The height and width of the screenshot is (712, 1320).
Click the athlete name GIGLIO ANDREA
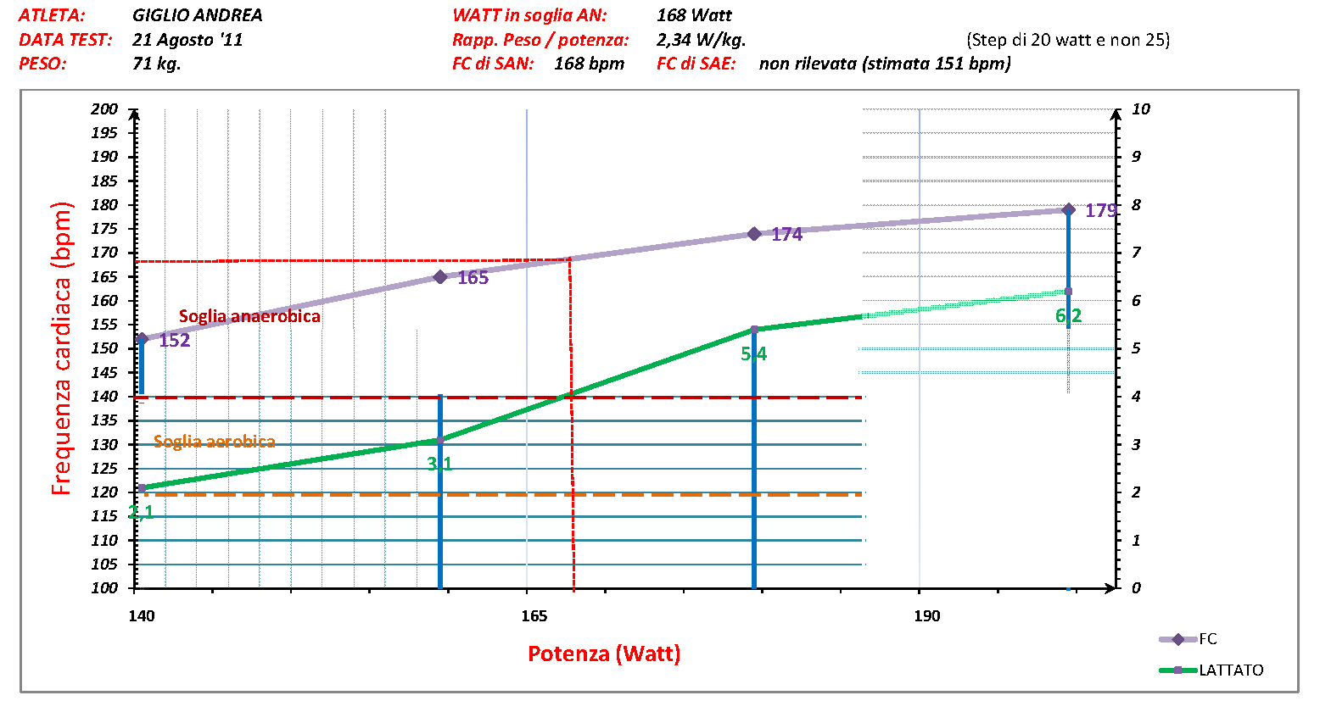point(197,15)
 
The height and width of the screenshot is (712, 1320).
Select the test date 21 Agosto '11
point(187,40)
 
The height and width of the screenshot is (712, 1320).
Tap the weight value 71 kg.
point(156,64)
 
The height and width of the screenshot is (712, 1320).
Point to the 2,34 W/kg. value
point(701,40)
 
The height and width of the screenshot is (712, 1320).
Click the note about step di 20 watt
point(1067,40)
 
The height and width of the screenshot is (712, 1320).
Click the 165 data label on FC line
point(473,278)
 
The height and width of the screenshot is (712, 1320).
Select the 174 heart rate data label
point(786,235)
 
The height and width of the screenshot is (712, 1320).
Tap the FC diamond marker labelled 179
point(1069,209)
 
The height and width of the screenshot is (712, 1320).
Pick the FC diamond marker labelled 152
point(142,338)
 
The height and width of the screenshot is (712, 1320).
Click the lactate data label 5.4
point(753,354)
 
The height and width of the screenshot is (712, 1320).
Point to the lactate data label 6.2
point(1068,316)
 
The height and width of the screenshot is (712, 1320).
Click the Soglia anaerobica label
point(249,316)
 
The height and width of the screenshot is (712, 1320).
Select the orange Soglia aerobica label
point(214,442)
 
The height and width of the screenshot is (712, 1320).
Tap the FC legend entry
point(1207,639)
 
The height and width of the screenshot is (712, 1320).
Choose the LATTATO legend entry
point(1230,670)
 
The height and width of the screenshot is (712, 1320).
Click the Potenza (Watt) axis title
point(604,654)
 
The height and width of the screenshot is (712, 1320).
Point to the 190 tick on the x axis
point(927,616)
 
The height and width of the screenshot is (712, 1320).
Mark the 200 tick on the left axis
point(105,109)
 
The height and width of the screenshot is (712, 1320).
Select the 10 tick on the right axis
point(1141,109)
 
